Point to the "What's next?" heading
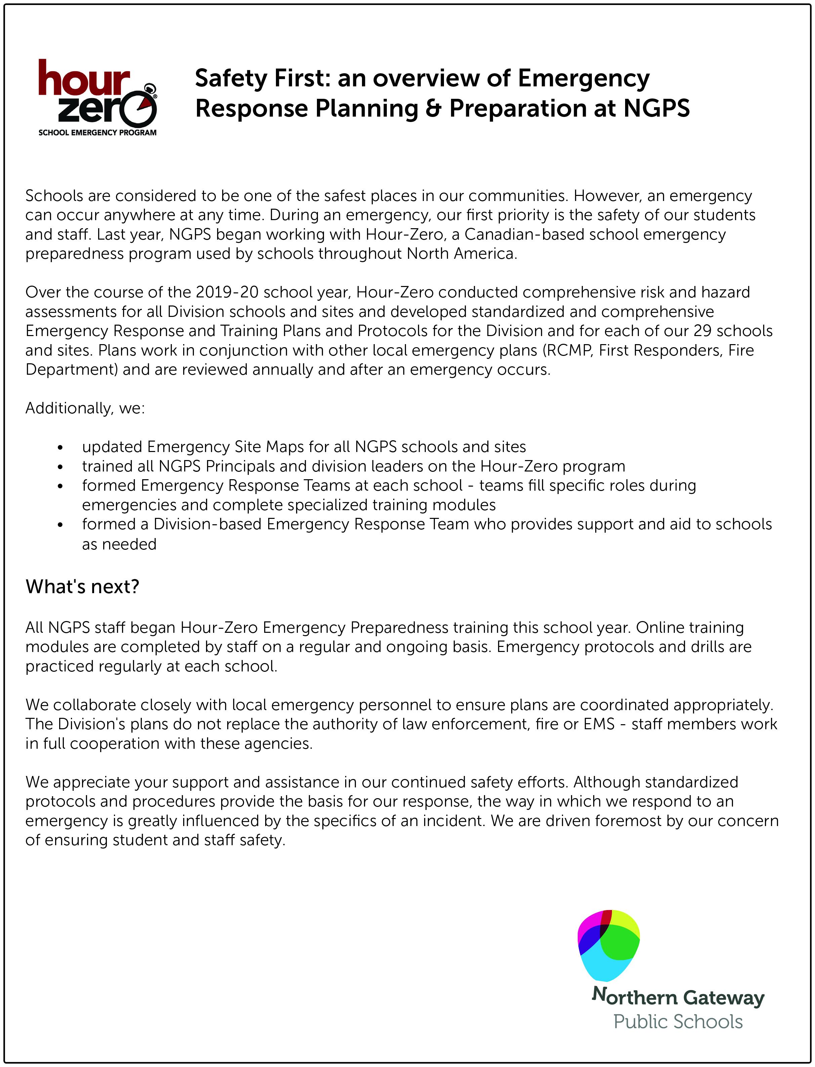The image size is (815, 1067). click(x=82, y=587)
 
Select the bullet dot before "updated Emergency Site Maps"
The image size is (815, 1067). click(x=60, y=448)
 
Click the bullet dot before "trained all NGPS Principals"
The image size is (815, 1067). click(x=60, y=467)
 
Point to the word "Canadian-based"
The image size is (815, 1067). click(x=524, y=235)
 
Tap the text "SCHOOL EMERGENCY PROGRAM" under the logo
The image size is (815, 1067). click(x=97, y=133)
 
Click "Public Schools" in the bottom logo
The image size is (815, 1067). click(x=678, y=1022)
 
